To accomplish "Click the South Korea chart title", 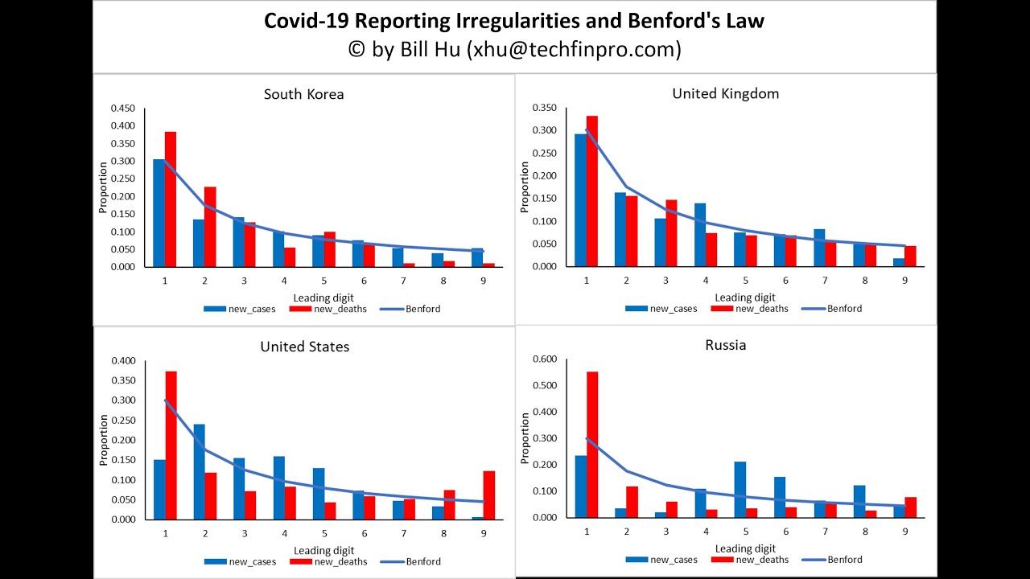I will [303, 94].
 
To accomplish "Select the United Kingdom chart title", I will [725, 93].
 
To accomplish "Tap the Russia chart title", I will [725, 345].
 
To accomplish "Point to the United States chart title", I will [304, 347].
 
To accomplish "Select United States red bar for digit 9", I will [488, 495].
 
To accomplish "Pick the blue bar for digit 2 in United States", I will [199, 471].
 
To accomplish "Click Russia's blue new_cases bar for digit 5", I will [740, 489].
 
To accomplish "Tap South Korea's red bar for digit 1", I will [170, 199].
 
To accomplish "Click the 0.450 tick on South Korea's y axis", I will [122, 109].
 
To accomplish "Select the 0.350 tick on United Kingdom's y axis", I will [544, 108].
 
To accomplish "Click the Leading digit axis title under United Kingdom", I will [744, 298].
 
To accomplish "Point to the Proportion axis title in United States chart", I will [103, 440].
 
